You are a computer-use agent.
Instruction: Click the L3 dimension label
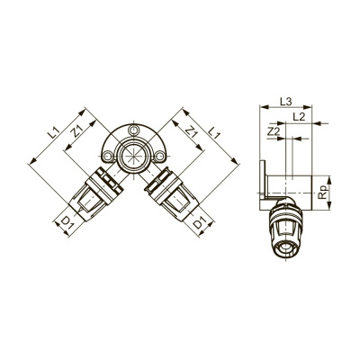[286, 102]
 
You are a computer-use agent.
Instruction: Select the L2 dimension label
[299, 117]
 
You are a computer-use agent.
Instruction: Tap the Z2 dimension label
[273, 131]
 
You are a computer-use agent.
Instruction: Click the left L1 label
[54, 132]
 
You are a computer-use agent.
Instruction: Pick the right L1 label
[214, 132]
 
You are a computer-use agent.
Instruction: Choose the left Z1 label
[77, 131]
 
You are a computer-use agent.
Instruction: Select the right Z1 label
[192, 131]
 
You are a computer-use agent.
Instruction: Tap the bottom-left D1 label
[67, 222]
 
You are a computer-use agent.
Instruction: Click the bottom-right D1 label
[199, 224]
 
